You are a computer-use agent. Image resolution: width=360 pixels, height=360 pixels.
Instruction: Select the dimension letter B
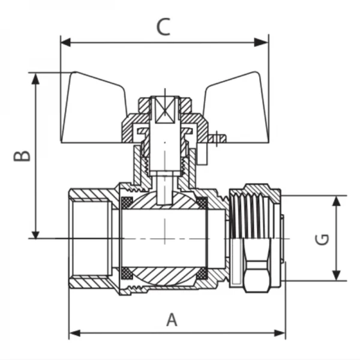click(x=22, y=155)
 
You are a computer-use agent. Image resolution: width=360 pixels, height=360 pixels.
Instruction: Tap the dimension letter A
click(x=172, y=320)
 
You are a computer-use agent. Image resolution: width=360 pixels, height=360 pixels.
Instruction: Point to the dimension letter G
click(x=322, y=239)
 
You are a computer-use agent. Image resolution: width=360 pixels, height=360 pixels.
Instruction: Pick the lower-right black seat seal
click(x=202, y=274)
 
